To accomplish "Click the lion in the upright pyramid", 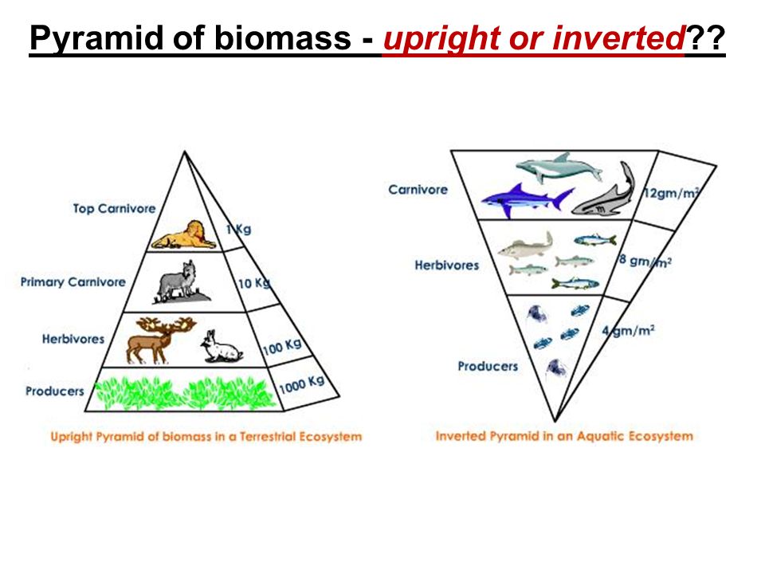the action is click(x=184, y=235).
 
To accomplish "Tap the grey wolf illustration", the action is click(x=182, y=282).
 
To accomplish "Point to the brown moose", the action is click(x=159, y=340).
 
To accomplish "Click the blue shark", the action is click(x=527, y=200).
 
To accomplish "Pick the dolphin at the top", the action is click(x=559, y=168).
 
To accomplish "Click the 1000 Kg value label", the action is click(x=301, y=384).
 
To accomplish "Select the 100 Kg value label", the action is click(x=282, y=346).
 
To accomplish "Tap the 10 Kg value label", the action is click(x=253, y=282).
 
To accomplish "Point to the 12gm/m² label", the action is click(x=671, y=193).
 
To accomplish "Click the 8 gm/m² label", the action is click(x=645, y=261).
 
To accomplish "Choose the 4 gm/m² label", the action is click(x=628, y=331).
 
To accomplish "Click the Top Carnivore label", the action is click(x=114, y=209).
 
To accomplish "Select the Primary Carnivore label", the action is click(x=73, y=282).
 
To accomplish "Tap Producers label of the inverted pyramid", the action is click(x=488, y=366).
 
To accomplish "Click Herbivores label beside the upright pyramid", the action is click(x=73, y=339).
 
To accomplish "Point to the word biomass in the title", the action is click(x=282, y=38).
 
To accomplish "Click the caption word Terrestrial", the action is click(x=268, y=436).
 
